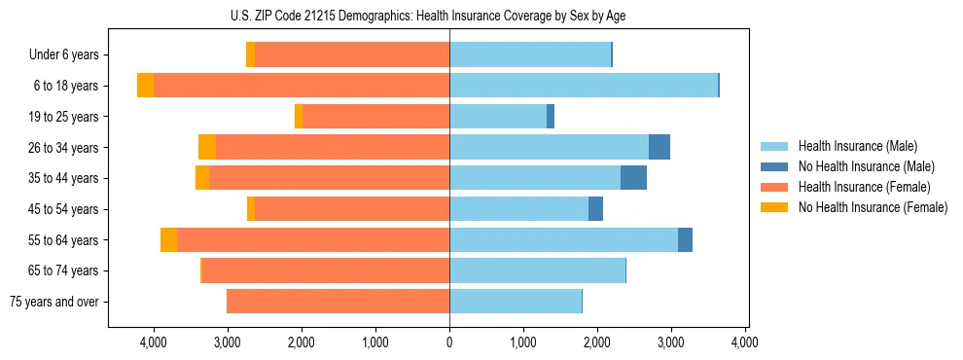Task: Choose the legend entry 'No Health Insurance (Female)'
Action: point(873,207)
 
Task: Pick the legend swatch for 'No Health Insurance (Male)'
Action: point(773,166)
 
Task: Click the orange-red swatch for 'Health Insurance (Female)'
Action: point(773,187)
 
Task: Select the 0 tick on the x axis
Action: point(449,342)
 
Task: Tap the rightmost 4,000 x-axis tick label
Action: point(744,342)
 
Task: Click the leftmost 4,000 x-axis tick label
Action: point(154,342)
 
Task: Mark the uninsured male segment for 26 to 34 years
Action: point(660,147)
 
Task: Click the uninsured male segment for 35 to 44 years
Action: point(633,178)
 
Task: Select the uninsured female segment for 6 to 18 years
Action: point(145,86)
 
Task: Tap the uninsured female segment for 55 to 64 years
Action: point(168,239)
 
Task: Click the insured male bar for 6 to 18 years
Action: point(535,86)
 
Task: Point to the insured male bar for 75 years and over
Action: point(516,302)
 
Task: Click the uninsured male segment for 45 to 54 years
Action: point(595,209)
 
